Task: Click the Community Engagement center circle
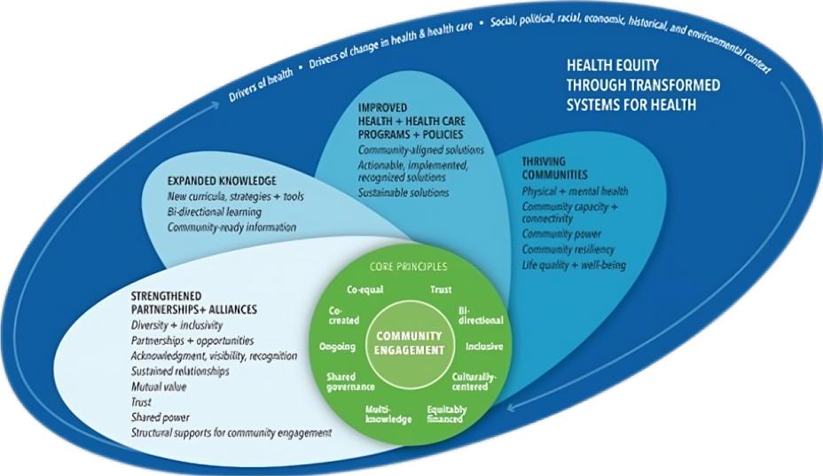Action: pos(409,343)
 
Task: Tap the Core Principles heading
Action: pos(408,267)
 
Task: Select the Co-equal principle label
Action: pos(364,290)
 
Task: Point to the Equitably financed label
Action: pos(447,414)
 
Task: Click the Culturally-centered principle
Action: pos(474,381)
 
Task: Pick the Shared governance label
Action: pos(350,381)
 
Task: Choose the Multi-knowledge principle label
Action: pos(388,414)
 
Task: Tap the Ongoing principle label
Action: pos(337,347)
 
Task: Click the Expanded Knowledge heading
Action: pos(222,181)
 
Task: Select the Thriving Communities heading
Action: pos(554,168)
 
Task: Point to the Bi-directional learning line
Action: pos(214,212)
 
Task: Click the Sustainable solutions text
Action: pos(404,192)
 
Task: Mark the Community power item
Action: pos(561,234)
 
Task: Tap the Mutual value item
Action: pos(159,386)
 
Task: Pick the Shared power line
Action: pos(161,417)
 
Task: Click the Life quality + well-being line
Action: pos(574,265)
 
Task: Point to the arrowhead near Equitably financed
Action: pos(512,407)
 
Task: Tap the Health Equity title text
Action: pos(643,85)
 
